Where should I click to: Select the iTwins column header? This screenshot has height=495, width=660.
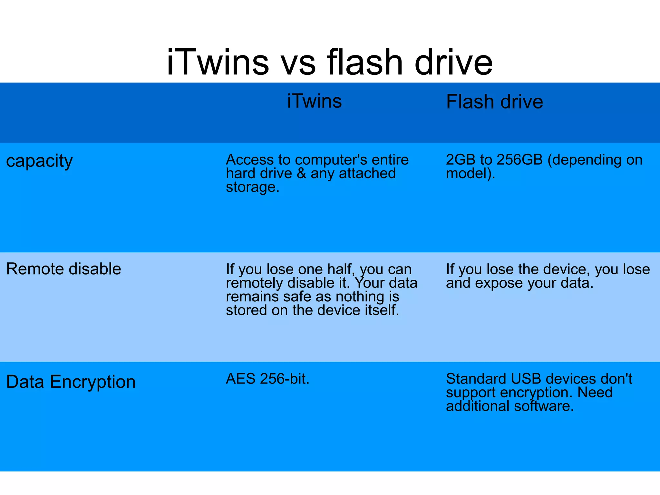pos(314,101)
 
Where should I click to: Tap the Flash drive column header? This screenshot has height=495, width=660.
pos(494,102)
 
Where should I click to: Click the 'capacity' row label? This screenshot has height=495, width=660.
pos(39,161)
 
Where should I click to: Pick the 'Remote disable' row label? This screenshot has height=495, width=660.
pos(63,269)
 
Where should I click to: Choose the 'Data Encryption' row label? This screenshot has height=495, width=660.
pos(71,382)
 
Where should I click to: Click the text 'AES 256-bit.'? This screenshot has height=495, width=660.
pos(267,379)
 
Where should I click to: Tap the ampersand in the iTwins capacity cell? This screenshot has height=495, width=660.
pos(301,174)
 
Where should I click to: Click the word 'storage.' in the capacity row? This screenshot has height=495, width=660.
pos(252,187)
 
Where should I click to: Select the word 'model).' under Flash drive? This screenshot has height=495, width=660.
pos(470,174)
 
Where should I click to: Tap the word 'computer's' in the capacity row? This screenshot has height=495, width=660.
pos(331,160)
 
